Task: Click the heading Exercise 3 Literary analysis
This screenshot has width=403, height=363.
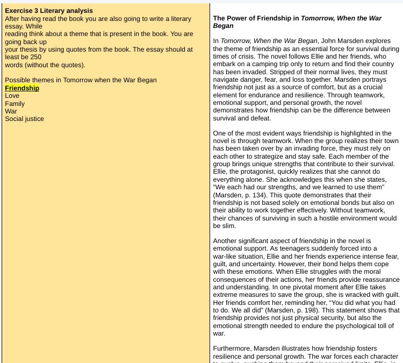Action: tap(49, 11)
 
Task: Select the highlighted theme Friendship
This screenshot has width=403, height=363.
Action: tap(22, 88)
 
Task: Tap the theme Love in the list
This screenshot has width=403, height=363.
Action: tap(12, 96)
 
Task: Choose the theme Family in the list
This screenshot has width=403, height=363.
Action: tap(15, 103)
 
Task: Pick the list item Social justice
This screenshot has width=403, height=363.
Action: tap(24, 119)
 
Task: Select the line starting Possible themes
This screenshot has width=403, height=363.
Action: tap(81, 80)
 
